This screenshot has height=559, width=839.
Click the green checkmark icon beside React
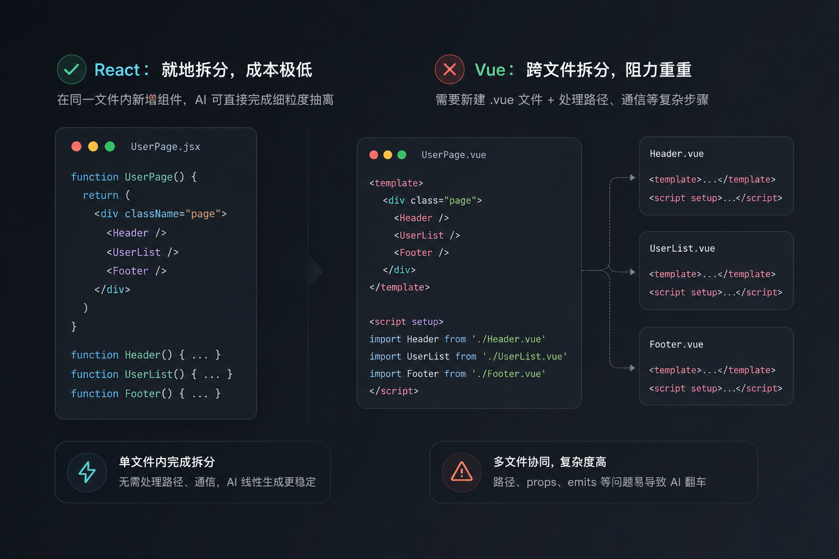pyautogui.click(x=72, y=69)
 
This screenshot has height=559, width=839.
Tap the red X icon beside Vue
pyautogui.click(x=450, y=69)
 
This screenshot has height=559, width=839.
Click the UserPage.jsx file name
pyautogui.click(x=165, y=147)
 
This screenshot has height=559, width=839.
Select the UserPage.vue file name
pyautogui.click(x=453, y=155)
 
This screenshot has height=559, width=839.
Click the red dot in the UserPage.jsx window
pyautogui.click(x=76, y=146)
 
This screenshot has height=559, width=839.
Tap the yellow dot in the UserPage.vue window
pyautogui.click(x=388, y=154)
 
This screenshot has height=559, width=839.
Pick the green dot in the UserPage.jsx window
pyautogui.click(x=110, y=146)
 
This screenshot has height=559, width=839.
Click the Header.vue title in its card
pyautogui.click(x=676, y=154)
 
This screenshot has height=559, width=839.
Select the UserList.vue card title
pyautogui.click(x=682, y=248)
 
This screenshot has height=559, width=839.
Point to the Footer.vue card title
pyautogui.click(x=676, y=344)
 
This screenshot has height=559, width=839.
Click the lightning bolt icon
pyautogui.click(x=87, y=472)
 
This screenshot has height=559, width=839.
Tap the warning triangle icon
pyautogui.click(x=462, y=472)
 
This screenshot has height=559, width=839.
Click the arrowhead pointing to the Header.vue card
pyautogui.click(x=633, y=177)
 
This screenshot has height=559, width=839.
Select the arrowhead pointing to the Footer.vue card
pyautogui.click(x=633, y=368)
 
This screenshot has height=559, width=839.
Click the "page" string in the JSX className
pyautogui.click(x=203, y=214)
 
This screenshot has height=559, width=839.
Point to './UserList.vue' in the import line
pyautogui.click(x=525, y=356)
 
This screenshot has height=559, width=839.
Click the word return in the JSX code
pyautogui.click(x=101, y=195)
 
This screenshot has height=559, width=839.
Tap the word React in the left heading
pyautogui.click(x=117, y=70)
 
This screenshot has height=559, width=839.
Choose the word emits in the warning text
pyautogui.click(x=582, y=482)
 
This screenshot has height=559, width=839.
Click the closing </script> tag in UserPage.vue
pyautogui.click(x=394, y=391)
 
